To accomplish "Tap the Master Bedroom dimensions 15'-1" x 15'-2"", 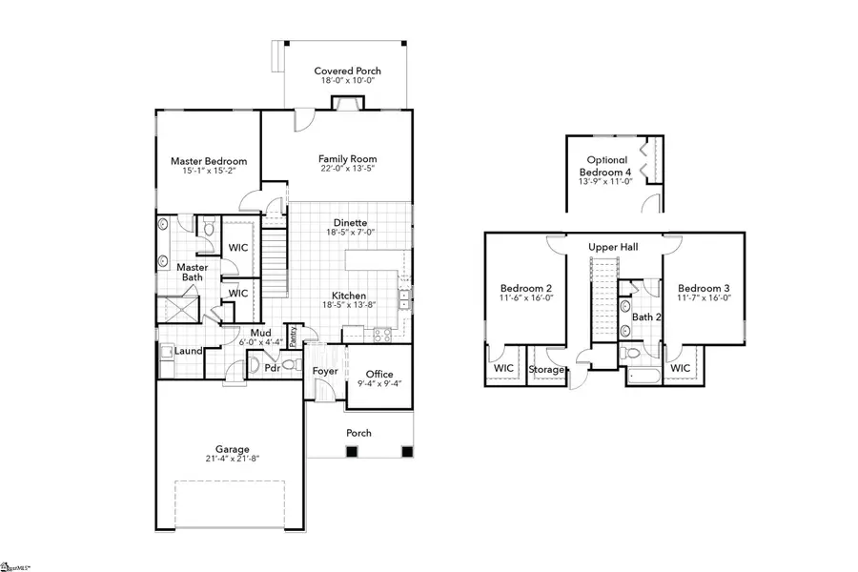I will coord(209,174).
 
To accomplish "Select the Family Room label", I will coord(347,159).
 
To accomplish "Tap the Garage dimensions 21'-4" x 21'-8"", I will coord(232,460).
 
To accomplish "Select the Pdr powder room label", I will coord(271,367).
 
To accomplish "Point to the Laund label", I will coord(188,351).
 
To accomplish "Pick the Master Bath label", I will coord(193,273).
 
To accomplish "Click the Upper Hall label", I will coord(613,247).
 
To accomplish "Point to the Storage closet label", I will coord(546,369).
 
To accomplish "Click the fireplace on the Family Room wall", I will coord(338,104).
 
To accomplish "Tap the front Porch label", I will coord(358,433).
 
